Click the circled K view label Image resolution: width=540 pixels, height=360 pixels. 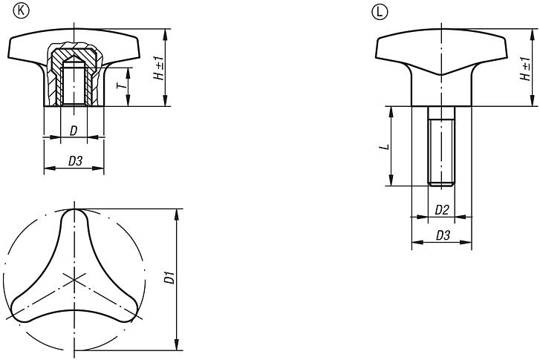click(x=13, y=12)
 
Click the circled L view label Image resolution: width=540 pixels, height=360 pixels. click(x=376, y=12)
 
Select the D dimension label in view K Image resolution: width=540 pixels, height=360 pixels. click(x=72, y=131)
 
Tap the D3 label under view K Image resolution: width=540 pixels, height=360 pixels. click(x=75, y=160)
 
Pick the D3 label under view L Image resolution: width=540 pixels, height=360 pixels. click(x=442, y=235)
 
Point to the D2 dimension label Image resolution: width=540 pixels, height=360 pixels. click(x=441, y=210)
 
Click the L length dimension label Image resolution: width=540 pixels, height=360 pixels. click(x=382, y=146)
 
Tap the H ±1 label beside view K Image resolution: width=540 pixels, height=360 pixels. click(x=159, y=68)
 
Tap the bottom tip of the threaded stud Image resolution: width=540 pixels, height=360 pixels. click(x=441, y=183)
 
